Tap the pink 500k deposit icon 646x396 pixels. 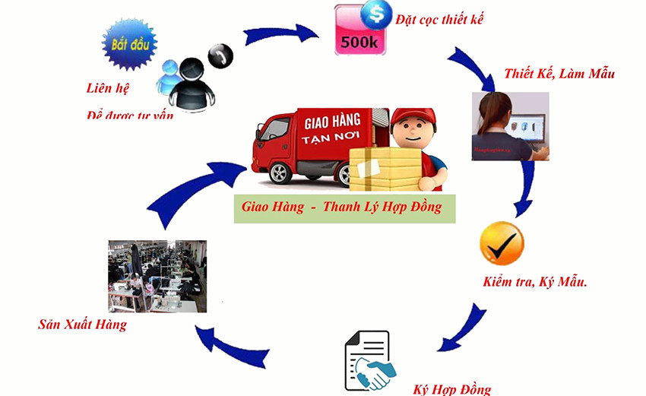coord(356,32)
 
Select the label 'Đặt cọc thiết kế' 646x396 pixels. coord(439,19)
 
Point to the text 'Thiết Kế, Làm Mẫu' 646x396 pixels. coord(559,74)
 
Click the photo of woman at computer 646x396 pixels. coord(510,126)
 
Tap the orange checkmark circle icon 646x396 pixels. coord(502,243)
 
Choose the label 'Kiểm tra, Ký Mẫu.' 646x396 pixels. coord(535,282)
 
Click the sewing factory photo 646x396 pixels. coord(157,277)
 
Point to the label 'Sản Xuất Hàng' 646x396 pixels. coord(83,325)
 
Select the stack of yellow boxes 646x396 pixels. coord(387,169)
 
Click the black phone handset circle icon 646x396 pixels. coord(220,56)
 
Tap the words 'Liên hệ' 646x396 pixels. coord(107,87)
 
